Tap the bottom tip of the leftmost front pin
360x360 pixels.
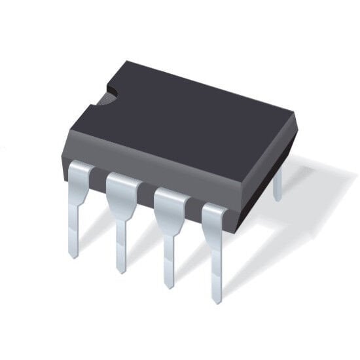pos(74,254)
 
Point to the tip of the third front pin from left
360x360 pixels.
pos(169,285)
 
